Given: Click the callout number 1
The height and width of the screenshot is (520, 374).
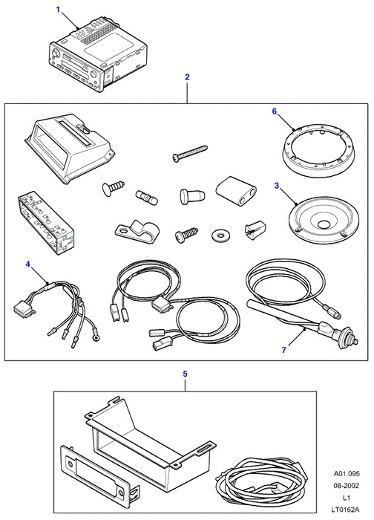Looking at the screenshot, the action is coord(59,10).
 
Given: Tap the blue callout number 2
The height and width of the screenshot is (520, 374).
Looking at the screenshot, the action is coord(187,77).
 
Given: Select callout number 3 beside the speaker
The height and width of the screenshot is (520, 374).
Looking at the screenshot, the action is coord(277,186).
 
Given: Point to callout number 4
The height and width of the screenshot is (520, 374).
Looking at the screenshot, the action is coord(27,264).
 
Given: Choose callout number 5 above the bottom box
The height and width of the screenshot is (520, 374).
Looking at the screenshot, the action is coord(186,374).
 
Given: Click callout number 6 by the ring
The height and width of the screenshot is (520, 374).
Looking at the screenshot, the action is coord(275,111).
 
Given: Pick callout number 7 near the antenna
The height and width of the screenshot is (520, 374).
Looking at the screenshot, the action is coord(284,350).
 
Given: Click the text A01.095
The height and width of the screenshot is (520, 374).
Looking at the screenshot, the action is coord(347,474).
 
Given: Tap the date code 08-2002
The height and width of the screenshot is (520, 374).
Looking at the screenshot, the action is coord(347,486).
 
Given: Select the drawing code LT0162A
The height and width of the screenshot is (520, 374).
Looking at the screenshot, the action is coord(347,510).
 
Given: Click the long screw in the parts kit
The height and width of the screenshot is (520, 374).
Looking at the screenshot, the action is coord(190,152).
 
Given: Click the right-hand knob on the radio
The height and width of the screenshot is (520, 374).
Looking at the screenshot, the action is coord(94,74).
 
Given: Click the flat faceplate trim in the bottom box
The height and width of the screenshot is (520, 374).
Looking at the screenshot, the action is coord(99,473).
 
